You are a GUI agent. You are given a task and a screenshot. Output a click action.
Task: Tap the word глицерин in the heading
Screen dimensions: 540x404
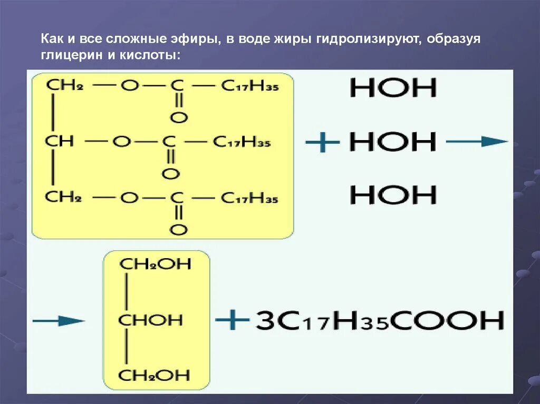point(71,55)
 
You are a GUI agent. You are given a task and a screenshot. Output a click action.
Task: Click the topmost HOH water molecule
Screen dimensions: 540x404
point(393,88)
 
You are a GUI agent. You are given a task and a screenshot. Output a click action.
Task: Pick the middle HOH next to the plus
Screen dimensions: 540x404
point(393,142)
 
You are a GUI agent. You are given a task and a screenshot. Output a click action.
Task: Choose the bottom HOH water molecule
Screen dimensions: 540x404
point(393,195)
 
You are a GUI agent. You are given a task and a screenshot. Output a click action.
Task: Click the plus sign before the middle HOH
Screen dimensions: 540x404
point(322,142)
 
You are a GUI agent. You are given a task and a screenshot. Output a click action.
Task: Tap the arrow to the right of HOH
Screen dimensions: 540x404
point(476,141)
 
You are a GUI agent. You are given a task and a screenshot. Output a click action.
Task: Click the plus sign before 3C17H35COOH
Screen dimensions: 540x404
point(232,320)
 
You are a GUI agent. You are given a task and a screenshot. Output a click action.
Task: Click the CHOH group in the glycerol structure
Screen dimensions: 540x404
point(150,320)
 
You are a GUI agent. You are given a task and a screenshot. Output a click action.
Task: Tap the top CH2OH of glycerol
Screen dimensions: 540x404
point(156,264)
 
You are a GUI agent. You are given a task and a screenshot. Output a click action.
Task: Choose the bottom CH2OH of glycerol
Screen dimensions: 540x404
point(156,375)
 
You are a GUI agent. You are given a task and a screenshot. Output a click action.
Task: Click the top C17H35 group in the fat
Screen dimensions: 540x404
point(249,86)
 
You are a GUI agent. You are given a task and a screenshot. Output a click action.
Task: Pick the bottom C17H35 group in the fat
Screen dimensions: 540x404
point(249,199)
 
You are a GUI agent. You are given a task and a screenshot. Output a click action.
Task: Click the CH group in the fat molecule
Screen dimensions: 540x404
point(59,141)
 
